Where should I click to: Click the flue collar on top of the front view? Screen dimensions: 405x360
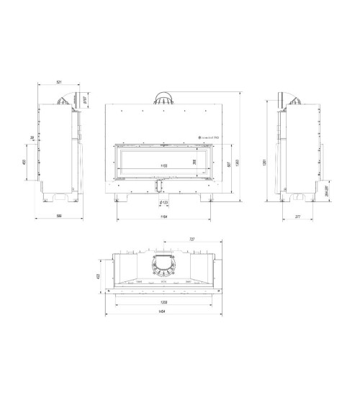click(x=164, y=99)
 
